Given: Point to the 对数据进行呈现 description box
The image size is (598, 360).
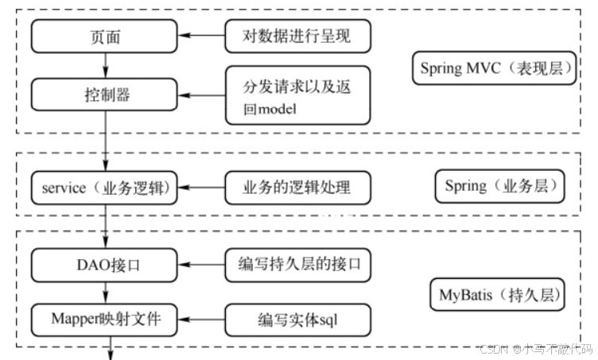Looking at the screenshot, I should [x=297, y=35].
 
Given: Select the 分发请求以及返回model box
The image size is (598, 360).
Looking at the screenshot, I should [x=297, y=95].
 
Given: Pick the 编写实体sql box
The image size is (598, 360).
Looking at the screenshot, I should [x=298, y=320].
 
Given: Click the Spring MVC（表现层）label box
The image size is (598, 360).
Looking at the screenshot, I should [x=497, y=68].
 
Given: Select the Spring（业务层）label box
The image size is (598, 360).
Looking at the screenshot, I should [x=499, y=188].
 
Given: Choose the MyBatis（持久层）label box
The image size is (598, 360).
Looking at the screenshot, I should [x=497, y=294].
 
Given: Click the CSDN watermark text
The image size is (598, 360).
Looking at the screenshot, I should [x=537, y=348].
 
